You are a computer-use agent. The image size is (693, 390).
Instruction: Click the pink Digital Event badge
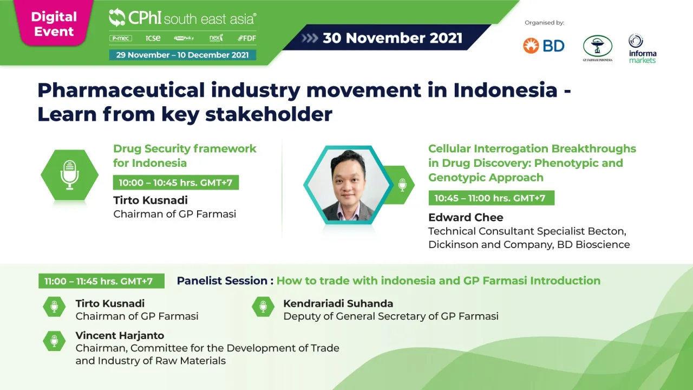(53, 24)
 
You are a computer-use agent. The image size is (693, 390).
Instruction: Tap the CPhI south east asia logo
(182, 18)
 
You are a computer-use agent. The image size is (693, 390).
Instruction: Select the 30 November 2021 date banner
(392, 38)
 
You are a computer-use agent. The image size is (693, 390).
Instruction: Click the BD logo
(544, 46)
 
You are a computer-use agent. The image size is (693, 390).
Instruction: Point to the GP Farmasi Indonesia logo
(597, 48)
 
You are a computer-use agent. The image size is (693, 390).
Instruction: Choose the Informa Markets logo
(643, 49)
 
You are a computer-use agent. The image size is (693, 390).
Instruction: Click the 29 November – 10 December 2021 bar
(182, 55)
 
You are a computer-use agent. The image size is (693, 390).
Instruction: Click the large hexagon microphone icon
(69, 175)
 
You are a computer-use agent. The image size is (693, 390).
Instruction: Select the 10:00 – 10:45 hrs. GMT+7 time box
(175, 183)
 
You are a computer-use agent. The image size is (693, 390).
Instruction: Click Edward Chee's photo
(348, 185)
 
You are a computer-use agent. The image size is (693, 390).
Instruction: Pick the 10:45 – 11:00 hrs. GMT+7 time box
(491, 198)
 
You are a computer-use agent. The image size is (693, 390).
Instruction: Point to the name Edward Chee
(466, 217)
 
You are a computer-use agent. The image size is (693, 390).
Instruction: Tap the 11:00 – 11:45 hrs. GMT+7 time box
(99, 281)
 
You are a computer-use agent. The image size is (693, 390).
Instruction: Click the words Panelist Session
(222, 281)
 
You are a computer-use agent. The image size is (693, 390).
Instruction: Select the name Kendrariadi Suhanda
(338, 303)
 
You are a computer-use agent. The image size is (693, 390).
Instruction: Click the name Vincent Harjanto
(120, 335)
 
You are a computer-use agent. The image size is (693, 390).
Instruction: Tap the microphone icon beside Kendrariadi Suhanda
(263, 307)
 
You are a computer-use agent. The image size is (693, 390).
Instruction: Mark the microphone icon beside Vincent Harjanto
(54, 341)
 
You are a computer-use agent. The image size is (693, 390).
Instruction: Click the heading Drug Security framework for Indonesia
(185, 155)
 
